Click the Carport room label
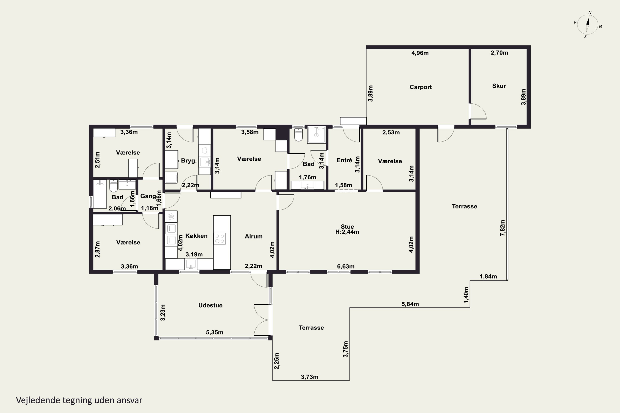point(420,87)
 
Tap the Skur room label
point(499,86)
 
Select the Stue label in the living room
point(347,227)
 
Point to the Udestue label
point(210,305)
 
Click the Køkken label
point(196,236)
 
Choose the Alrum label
point(254,236)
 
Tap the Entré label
point(344,160)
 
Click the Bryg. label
point(189,161)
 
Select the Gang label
point(148,196)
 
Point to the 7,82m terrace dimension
point(502,228)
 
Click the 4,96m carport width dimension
point(420,53)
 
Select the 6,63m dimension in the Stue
point(346,266)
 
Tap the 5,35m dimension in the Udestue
point(215,332)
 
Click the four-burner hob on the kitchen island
point(219,239)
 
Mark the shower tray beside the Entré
point(316,135)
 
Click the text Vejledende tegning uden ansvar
point(79,400)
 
